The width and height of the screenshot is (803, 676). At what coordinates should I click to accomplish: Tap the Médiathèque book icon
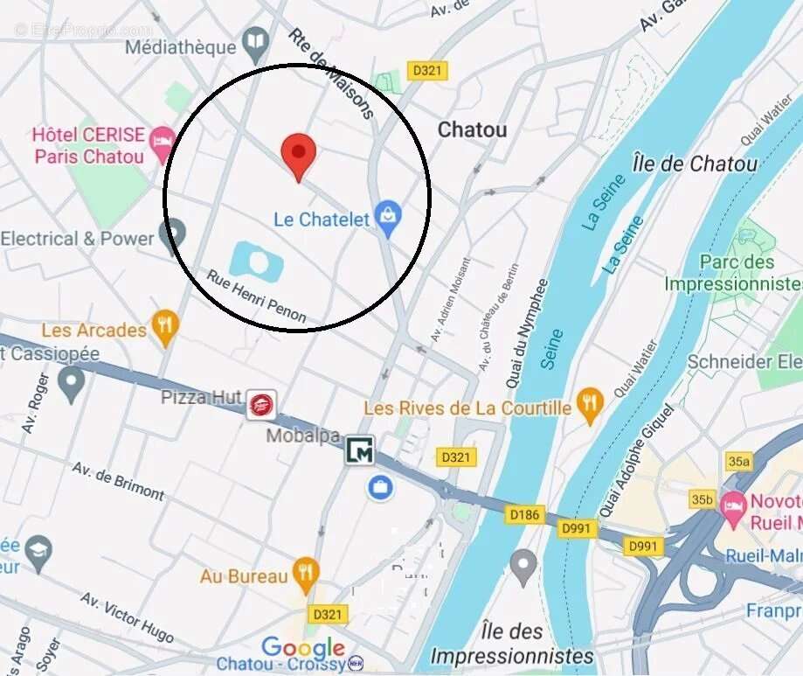pos(255,39)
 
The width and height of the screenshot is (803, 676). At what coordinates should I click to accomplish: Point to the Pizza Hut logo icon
pos(260,404)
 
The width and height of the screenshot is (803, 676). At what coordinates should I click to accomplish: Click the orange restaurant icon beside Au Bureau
pos(305,574)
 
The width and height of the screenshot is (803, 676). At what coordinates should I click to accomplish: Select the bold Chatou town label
pos(472,130)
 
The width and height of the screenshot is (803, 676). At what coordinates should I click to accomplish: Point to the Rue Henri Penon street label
pos(256,296)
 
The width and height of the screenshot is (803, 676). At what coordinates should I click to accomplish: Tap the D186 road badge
pos(524,515)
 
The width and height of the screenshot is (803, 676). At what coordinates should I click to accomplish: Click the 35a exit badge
pos(738,461)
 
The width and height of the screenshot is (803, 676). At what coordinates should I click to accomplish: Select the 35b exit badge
pos(702,499)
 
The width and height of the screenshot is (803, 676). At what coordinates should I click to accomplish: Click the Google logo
pos(303,648)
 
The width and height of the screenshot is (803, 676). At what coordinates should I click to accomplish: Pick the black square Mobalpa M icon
pos(360,450)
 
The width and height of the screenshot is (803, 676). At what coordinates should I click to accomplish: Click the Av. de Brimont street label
pos(118,481)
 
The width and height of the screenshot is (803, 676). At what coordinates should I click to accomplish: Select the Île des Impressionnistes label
pos(511,644)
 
